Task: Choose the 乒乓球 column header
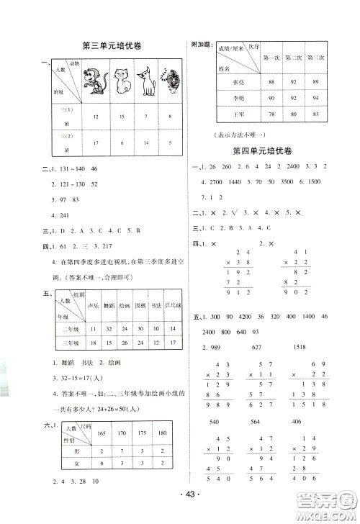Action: pos(169,304)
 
